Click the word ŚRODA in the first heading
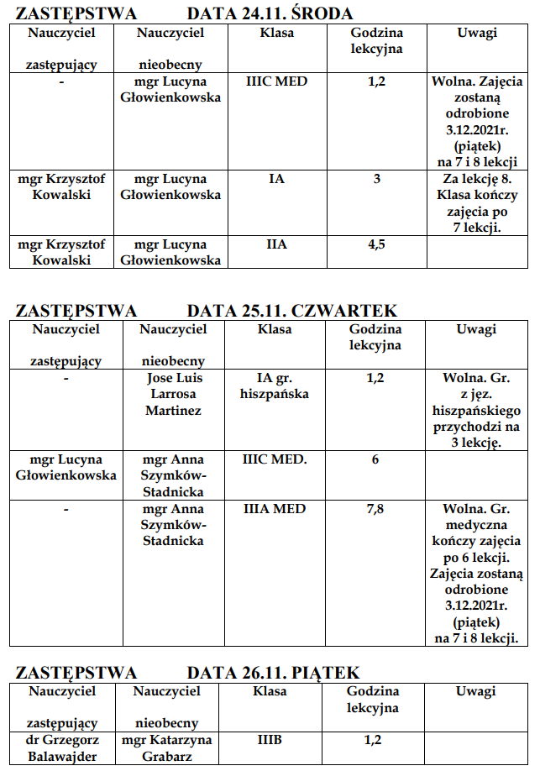click(x=319, y=13)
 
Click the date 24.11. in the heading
click(x=257, y=13)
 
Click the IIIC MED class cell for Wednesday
click(x=276, y=82)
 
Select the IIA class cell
click(x=276, y=244)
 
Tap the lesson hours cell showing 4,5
click(x=375, y=244)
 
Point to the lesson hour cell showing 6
click(x=375, y=459)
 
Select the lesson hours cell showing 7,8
click(x=375, y=509)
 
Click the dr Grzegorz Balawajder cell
click(x=63, y=748)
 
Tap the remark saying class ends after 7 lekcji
click(x=477, y=202)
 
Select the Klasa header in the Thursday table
click(x=275, y=330)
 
